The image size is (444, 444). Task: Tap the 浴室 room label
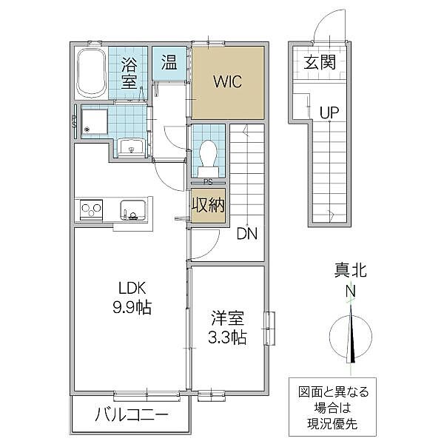click(x=129, y=73)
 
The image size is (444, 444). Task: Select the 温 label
click(x=169, y=63)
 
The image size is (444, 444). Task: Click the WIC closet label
click(x=228, y=82)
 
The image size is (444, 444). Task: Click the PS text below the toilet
click(x=208, y=182)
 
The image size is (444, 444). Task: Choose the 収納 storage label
click(x=209, y=205)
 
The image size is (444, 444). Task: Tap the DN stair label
click(x=247, y=234)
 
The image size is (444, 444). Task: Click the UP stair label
click(x=329, y=112)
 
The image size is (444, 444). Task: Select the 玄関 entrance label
click(x=320, y=63)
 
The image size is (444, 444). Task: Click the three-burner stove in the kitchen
click(x=91, y=210)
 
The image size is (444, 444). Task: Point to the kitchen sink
click(x=133, y=210)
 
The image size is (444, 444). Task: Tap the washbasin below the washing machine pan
click(x=132, y=147)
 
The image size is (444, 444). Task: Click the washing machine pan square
click(x=94, y=122)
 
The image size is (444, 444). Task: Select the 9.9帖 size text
click(x=132, y=307)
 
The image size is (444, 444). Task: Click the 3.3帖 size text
click(x=227, y=337)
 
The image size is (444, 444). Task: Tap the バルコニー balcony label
click(x=132, y=415)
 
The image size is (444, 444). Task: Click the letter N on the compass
click(x=351, y=291)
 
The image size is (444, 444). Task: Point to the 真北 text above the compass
click(x=351, y=270)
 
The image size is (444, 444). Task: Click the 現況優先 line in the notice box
click(x=332, y=423)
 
